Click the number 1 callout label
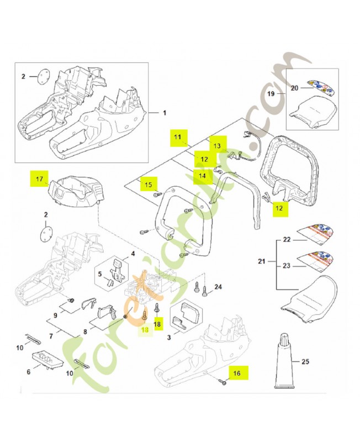tap(164, 113)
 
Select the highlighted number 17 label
tap(39, 179)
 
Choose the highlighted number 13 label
tap(217, 145)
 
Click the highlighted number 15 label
tap(147, 183)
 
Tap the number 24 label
tap(218, 287)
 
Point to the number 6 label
tap(29, 372)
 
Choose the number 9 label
tap(55, 316)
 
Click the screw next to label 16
tap(223, 382)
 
